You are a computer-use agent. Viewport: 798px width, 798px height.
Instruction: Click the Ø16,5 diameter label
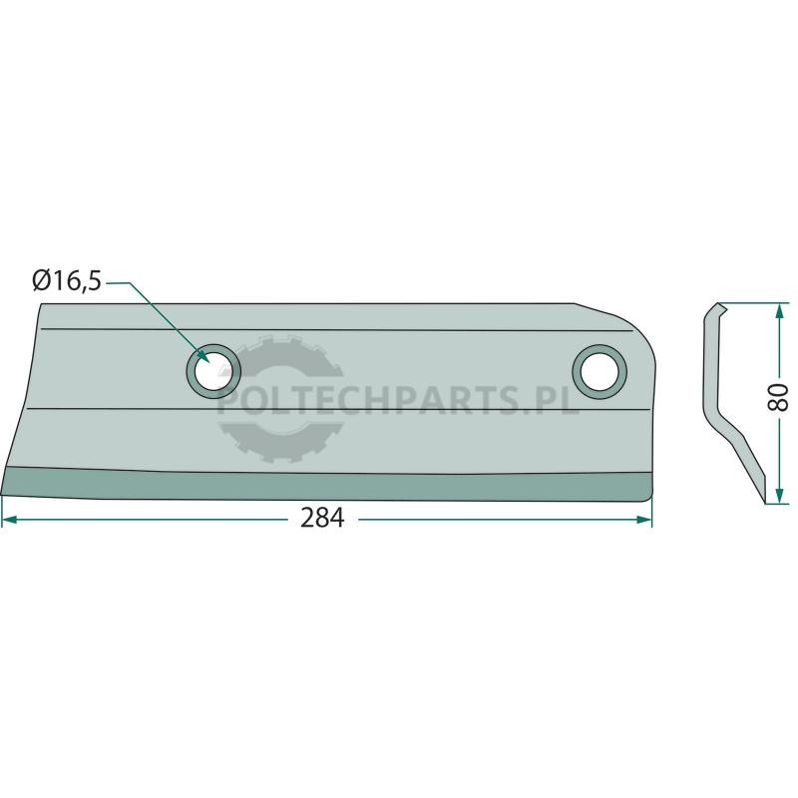tap(67, 281)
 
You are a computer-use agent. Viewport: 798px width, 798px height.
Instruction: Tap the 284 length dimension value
tap(322, 519)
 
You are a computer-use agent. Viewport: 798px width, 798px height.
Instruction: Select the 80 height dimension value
tap(779, 398)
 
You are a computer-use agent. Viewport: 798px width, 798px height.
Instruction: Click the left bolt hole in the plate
tap(213, 371)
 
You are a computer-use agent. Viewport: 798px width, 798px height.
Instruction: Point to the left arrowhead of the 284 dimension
tap(9, 520)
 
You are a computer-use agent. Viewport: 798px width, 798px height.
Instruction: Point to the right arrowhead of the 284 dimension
tap(644, 520)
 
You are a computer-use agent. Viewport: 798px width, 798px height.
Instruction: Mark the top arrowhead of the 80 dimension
tap(779, 311)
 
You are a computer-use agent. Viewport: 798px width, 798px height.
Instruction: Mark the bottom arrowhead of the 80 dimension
tap(779, 496)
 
